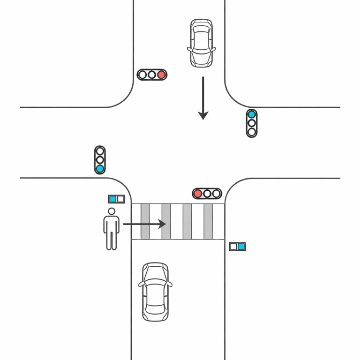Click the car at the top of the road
202,43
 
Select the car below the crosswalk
155,292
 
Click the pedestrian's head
112,212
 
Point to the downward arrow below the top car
203,98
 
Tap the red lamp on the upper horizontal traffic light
161,75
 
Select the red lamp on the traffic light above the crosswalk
198,193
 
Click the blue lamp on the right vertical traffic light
252,114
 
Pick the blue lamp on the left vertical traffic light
100,168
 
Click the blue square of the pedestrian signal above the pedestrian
112,199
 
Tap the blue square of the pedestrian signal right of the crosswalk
241,247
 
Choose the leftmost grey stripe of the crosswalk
145,221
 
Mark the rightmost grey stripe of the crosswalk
208,221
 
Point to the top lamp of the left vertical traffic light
100,151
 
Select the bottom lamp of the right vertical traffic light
252,132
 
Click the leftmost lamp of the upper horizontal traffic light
143,75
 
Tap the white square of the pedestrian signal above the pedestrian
120,199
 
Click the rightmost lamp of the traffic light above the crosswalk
216,193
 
